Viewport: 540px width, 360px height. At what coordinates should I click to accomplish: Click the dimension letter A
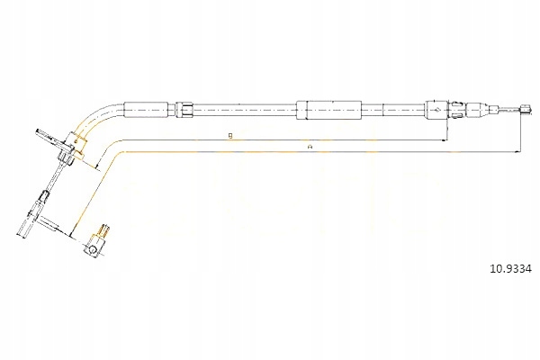point(309,145)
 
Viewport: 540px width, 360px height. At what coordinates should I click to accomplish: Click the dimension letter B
point(230,136)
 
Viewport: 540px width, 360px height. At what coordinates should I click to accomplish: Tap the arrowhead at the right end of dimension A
point(519,151)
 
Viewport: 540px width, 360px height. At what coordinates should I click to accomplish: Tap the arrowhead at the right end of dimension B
point(445,141)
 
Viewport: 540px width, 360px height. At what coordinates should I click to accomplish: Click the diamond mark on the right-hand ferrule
point(435,109)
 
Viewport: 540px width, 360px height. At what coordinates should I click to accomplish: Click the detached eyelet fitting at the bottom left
point(96,244)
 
